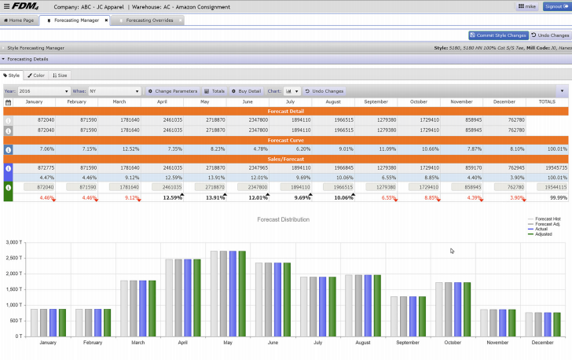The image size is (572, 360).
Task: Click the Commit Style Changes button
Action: (x=498, y=35)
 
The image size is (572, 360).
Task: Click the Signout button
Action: (x=556, y=6)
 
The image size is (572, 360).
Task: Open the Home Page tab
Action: (x=20, y=20)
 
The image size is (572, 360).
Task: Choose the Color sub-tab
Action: (x=37, y=75)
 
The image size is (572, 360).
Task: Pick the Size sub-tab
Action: (x=60, y=75)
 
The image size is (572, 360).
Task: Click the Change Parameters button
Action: (x=173, y=91)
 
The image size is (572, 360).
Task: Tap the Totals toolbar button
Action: (x=214, y=91)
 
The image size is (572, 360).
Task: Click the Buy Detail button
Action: (x=246, y=91)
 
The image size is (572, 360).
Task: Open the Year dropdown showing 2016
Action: (x=43, y=91)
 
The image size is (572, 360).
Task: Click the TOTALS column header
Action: (x=546, y=102)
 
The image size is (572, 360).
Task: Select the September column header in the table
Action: (x=376, y=102)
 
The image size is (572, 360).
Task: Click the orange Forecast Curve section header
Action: (x=286, y=140)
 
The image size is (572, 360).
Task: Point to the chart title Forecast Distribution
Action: (x=284, y=219)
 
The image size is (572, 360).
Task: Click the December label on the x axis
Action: (x=541, y=343)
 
